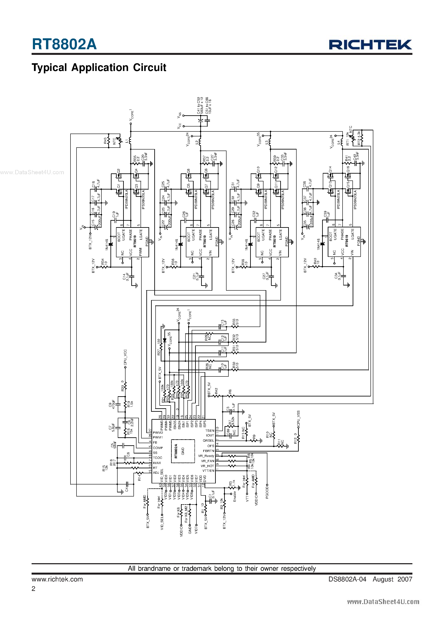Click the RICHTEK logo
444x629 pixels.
pyautogui.click(x=370, y=45)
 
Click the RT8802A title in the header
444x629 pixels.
pyautogui.click(x=64, y=44)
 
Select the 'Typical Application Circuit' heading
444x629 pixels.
pyautogui.click(x=99, y=67)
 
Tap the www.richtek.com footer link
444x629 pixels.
pyautogui.click(x=57, y=579)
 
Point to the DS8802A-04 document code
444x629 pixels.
pyautogui.click(x=347, y=579)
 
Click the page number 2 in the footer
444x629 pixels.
pyautogui.click(x=33, y=589)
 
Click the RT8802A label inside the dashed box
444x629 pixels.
pyautogui.click(x=176, y=451)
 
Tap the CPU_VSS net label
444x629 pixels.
pyautogui.click(x=298, y=418)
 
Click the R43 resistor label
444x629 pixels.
pyautogui.click(x=105, y=140)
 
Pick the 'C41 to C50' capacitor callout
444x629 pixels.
pyautogui.click(x=198, y=105)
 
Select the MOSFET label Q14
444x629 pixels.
pyautogui.click(x=330, y=169)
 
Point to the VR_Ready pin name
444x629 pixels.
pyautogui.click(x=206, y=456)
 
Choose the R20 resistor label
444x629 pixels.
pyautogui.click(x=122, y=385)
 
